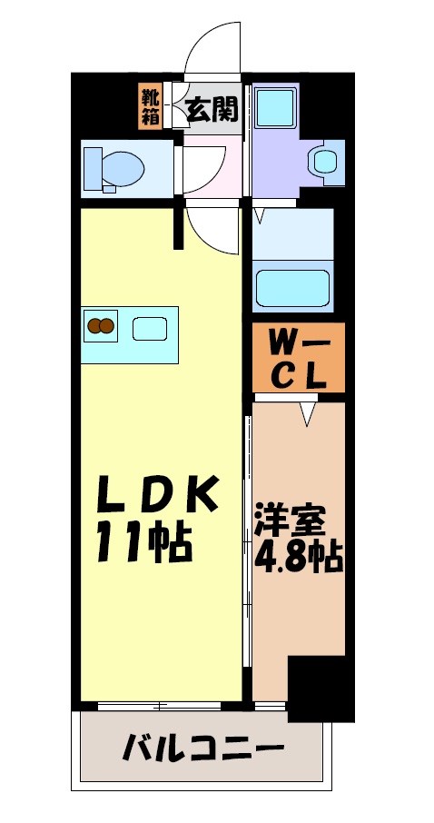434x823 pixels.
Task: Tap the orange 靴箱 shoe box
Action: [x=150, y=106]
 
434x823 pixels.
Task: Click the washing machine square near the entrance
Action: [x=273, y=108]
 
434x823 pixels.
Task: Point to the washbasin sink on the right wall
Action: [x=323, y=162]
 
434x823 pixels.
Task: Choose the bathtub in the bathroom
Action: [x=291, y=287]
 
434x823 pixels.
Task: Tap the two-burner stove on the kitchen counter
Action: [x=101, y=325]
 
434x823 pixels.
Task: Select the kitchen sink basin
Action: [x=148, y=327]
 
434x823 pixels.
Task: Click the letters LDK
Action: [x=160, y=497]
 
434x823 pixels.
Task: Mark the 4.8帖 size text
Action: [x=299, y=557]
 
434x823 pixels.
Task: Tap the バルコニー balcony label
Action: [x=202, y=750]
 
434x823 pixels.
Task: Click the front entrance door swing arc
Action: [x=214, y=50]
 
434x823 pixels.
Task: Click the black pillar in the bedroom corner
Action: [x=321, y=687]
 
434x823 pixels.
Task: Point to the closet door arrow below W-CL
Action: [x=309, y=415]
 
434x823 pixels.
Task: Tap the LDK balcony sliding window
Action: [x=160, y=705]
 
